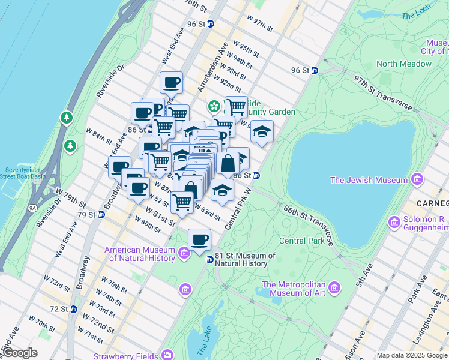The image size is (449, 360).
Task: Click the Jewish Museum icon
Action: (417, 179)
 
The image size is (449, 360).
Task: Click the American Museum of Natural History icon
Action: (185, 253)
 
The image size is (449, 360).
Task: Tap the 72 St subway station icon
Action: (73, 309)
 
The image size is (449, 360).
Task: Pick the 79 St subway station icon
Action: (101, 214)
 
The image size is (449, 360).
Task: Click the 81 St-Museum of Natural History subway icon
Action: (209, 259)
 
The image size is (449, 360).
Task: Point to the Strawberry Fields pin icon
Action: (170, 355)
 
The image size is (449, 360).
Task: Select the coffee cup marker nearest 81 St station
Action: (200, 239)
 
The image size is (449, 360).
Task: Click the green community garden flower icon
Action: (212, 106)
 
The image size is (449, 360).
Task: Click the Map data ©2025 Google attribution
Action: (412, 355)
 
